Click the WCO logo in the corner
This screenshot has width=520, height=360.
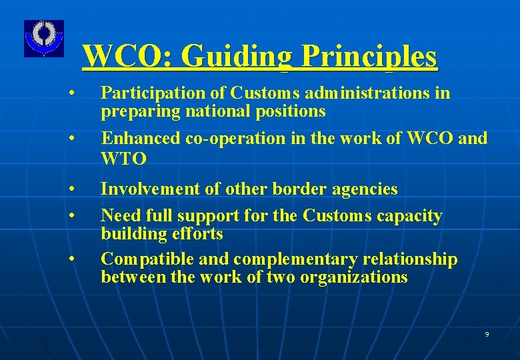(44, 38)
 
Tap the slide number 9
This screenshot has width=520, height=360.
(487, 334)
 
